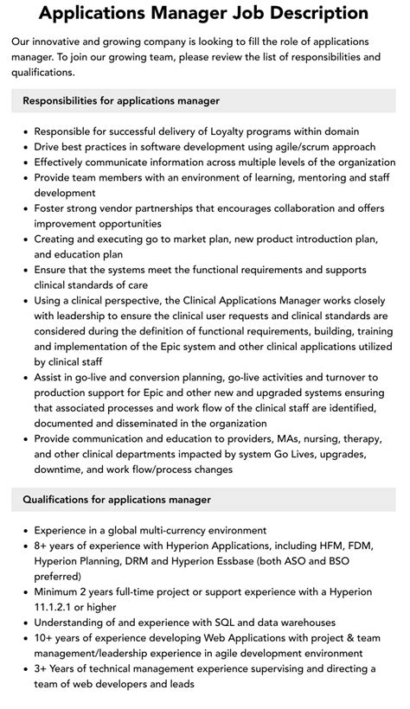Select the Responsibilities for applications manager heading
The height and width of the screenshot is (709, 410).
point(121,100)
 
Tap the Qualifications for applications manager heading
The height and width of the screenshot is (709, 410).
point(117,499)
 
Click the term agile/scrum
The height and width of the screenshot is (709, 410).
point(307,147)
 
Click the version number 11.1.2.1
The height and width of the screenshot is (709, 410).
point(61,607)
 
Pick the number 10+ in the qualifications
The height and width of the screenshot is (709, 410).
point(46,638)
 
